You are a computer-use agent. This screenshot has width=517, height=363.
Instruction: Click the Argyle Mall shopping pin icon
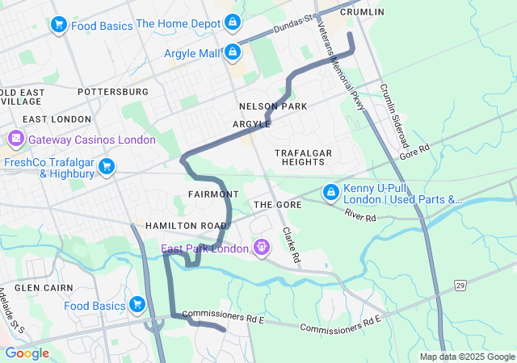click(x=233, y=53)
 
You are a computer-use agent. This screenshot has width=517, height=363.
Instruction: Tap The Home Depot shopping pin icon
click(x=233, y=23)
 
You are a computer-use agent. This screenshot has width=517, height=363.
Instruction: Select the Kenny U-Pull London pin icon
click(x=330, y=194)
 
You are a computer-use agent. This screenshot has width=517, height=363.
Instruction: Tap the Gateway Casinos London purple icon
click(x=15, y=140)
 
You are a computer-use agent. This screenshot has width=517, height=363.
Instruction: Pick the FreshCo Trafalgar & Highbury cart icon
click(x=106, y=167)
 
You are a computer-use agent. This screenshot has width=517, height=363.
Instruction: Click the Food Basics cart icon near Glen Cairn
click(x=137, y=305)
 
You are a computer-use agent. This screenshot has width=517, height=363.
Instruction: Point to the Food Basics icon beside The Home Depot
click(x=58, y=26)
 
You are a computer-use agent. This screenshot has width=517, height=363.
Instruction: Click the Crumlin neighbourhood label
click(x=362, y=12)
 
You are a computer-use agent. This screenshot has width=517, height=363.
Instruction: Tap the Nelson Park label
click(x=273, y=106)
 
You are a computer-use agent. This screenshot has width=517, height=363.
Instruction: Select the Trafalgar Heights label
click(x=304, y=157)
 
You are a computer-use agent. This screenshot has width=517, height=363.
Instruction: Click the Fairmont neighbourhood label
click(x=213, y=194)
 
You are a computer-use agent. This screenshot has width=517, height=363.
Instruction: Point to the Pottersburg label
click(x=113, y=92)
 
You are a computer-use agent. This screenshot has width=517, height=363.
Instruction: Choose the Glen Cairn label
click(x=44, y=287)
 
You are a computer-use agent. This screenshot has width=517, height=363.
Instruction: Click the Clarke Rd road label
click(x=291, y=246)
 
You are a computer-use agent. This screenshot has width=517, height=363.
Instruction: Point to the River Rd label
click(x=360, y=218)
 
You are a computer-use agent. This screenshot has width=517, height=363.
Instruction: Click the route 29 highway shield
click(x=460, y=286)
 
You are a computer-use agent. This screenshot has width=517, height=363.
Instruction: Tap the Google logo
click(x=27, y=353)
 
